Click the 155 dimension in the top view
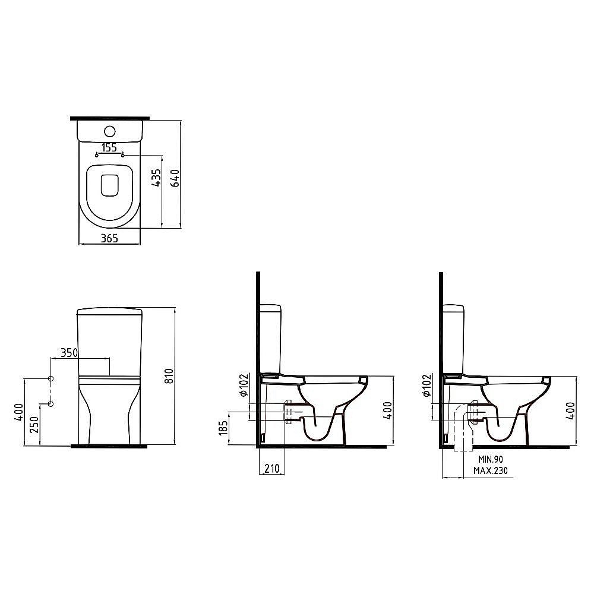(109, 147)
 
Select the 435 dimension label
(156, 178)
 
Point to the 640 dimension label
(175, 178)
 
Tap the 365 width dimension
(109, 238)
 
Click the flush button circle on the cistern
(109, 131)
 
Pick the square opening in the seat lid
(109, 185)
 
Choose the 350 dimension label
(69, 353)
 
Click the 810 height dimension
(169, 376)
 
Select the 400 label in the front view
(19, 413)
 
